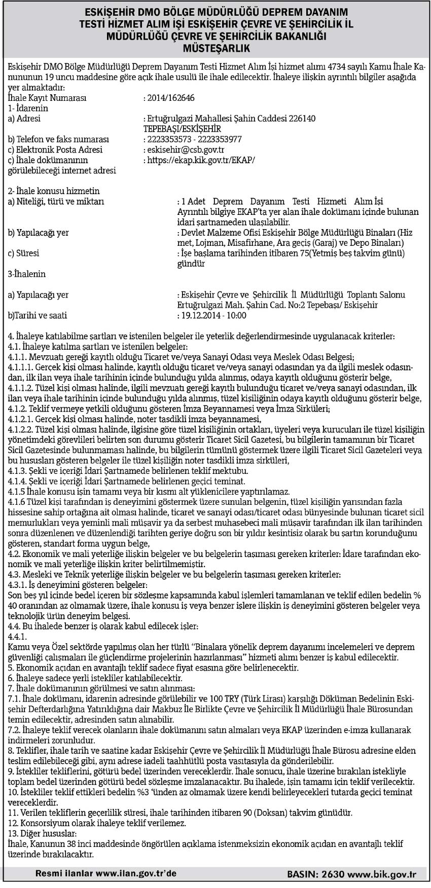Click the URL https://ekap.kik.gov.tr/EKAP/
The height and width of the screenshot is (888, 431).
coord(201,160)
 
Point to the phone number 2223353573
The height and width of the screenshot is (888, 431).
coord(166,139)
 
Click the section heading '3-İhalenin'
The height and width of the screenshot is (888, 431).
coord(27,274)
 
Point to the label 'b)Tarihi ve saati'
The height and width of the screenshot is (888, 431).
coord(38,315)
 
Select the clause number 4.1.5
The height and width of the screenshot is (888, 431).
coord(18,492)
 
